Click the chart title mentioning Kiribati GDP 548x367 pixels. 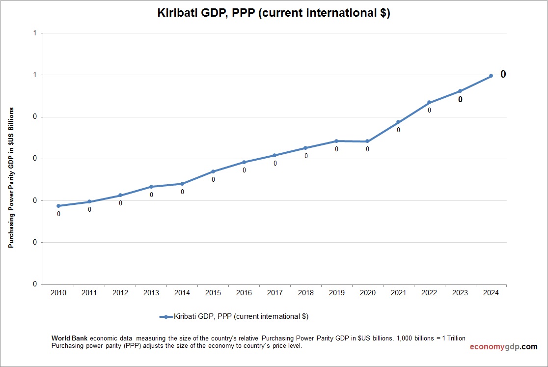pos(274,13)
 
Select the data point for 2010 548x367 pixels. pos(58,206)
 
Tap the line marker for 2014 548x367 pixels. pos(182,184)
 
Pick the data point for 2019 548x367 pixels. pos(336,141)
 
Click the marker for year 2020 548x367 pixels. pos(367,141)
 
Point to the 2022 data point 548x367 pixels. pos(429,102)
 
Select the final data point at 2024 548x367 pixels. pos(491,76)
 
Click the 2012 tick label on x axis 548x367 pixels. pos(120,293)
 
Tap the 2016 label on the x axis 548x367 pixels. pos(244,293)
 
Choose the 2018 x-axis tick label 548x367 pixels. pos(305,293)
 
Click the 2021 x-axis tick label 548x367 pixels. pos(398,293)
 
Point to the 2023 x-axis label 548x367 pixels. pos(460,293)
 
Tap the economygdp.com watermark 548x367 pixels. pos(503,347)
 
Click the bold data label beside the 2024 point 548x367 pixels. pos(503,74)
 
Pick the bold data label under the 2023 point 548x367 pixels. pos(460,100)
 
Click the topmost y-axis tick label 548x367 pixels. pos(34,33)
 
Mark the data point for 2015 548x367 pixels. pos(213,171)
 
